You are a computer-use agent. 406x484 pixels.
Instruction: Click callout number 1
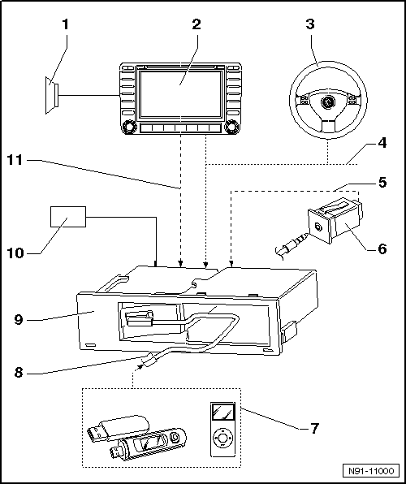pos(65,24)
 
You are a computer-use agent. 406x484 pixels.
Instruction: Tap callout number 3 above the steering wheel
pos(310,24)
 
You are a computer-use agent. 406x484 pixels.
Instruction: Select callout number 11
pos(15,160)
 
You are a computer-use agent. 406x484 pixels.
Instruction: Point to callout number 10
pos(15,253)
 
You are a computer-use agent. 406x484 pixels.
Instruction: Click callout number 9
pos(19,319)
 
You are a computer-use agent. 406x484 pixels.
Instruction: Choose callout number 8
pos(19,373)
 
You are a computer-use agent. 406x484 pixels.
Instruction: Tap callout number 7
pos(314,428)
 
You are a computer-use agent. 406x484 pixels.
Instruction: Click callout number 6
pos(382,248)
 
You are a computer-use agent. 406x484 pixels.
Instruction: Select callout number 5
pos(382,183)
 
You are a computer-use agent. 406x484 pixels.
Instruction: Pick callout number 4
pos(382,143)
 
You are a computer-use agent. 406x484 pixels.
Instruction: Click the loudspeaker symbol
pos(51,95)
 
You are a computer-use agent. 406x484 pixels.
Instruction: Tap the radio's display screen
pos(180,94)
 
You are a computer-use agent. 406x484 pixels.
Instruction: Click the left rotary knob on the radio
pos(128,127)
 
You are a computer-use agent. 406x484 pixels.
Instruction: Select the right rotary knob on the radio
pos(232,127)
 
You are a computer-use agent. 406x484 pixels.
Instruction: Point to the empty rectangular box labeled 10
pos(68,217)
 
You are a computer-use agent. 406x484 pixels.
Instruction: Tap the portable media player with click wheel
pos(222,430)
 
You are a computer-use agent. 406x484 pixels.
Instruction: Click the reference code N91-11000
pos(371,471)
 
